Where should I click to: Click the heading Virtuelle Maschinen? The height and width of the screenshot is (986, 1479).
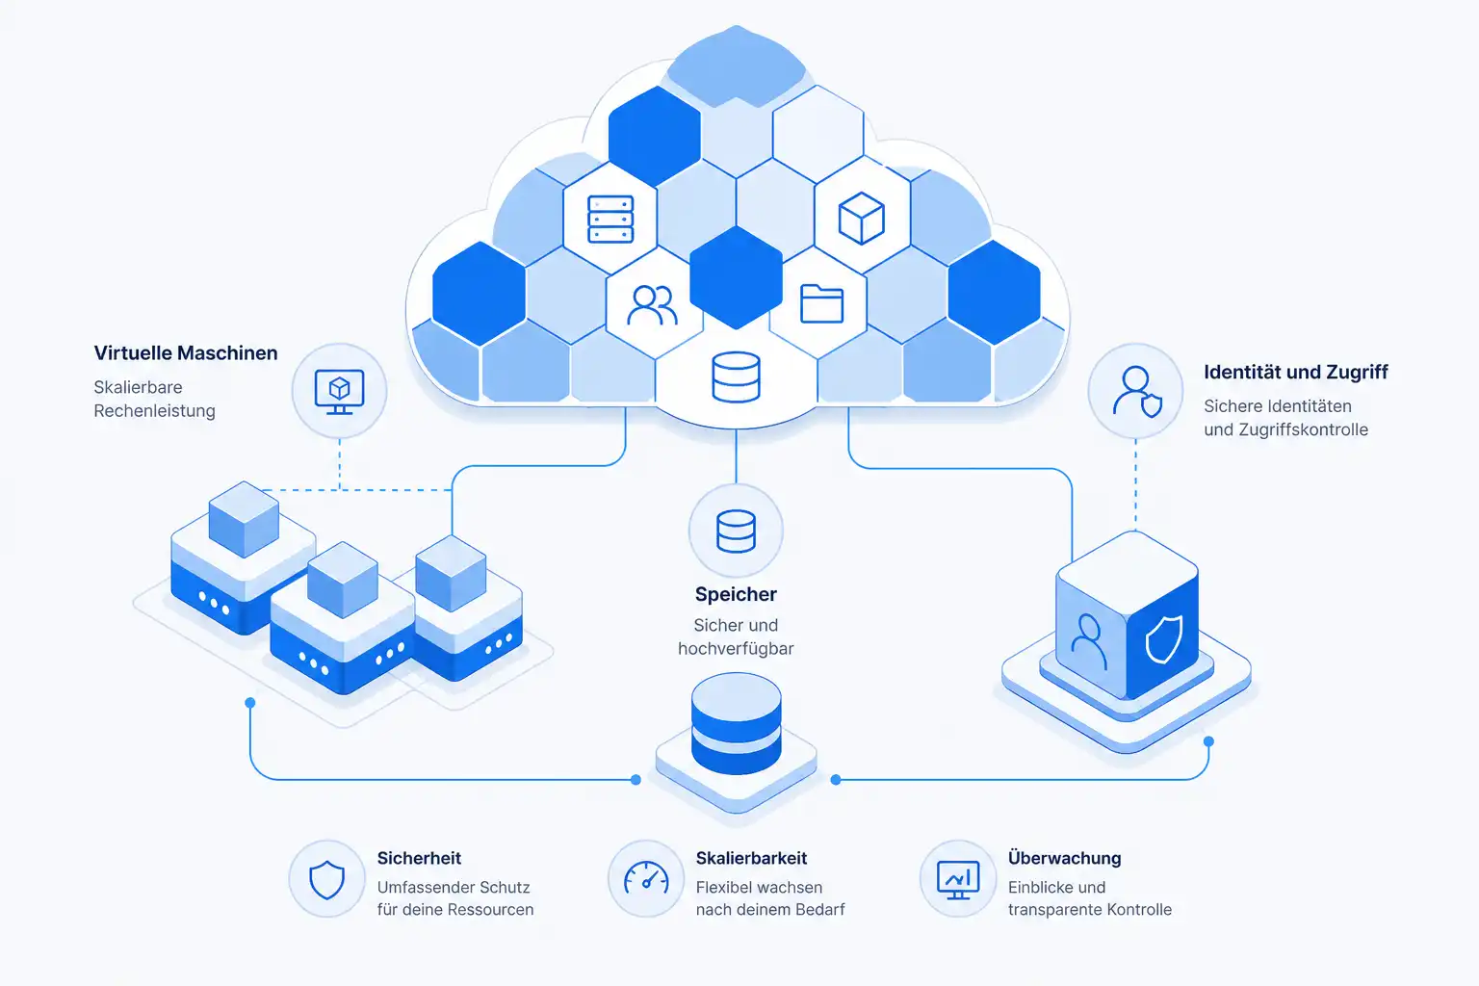pos(186,353)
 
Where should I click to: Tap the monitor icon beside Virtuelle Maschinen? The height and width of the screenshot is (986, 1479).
pos(339,392)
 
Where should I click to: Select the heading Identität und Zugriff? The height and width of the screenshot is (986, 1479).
pos(1295,373)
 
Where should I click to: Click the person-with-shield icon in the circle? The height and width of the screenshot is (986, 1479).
pos(1137,392)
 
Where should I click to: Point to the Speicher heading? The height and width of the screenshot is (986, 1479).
pos(736,594)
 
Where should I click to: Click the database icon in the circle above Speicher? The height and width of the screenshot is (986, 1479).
pos(736,531)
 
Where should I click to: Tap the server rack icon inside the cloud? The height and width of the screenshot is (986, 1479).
pos(610,220)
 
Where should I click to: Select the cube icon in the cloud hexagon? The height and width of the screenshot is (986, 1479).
pos(861,219)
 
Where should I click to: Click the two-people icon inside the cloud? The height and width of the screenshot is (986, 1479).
pos(652,304)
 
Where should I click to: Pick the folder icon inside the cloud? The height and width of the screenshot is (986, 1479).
pos(821,303)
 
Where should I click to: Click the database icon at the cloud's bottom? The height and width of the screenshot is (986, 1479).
pos(736,377)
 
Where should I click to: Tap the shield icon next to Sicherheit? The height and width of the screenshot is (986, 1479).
pos(326,880)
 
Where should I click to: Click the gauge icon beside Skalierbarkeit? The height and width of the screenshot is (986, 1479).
pos(646,879)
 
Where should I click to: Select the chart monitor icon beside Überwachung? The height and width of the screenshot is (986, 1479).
pos(958,880)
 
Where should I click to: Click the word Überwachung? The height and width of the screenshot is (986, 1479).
pos(1064,858)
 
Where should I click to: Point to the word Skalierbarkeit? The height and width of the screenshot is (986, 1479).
pos(751,859)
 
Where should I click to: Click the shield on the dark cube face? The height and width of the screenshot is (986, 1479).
pos(1163,638)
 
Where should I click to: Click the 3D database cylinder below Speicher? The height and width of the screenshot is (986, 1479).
pos(737,723)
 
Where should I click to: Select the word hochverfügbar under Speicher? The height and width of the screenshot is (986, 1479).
pos(736,649)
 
